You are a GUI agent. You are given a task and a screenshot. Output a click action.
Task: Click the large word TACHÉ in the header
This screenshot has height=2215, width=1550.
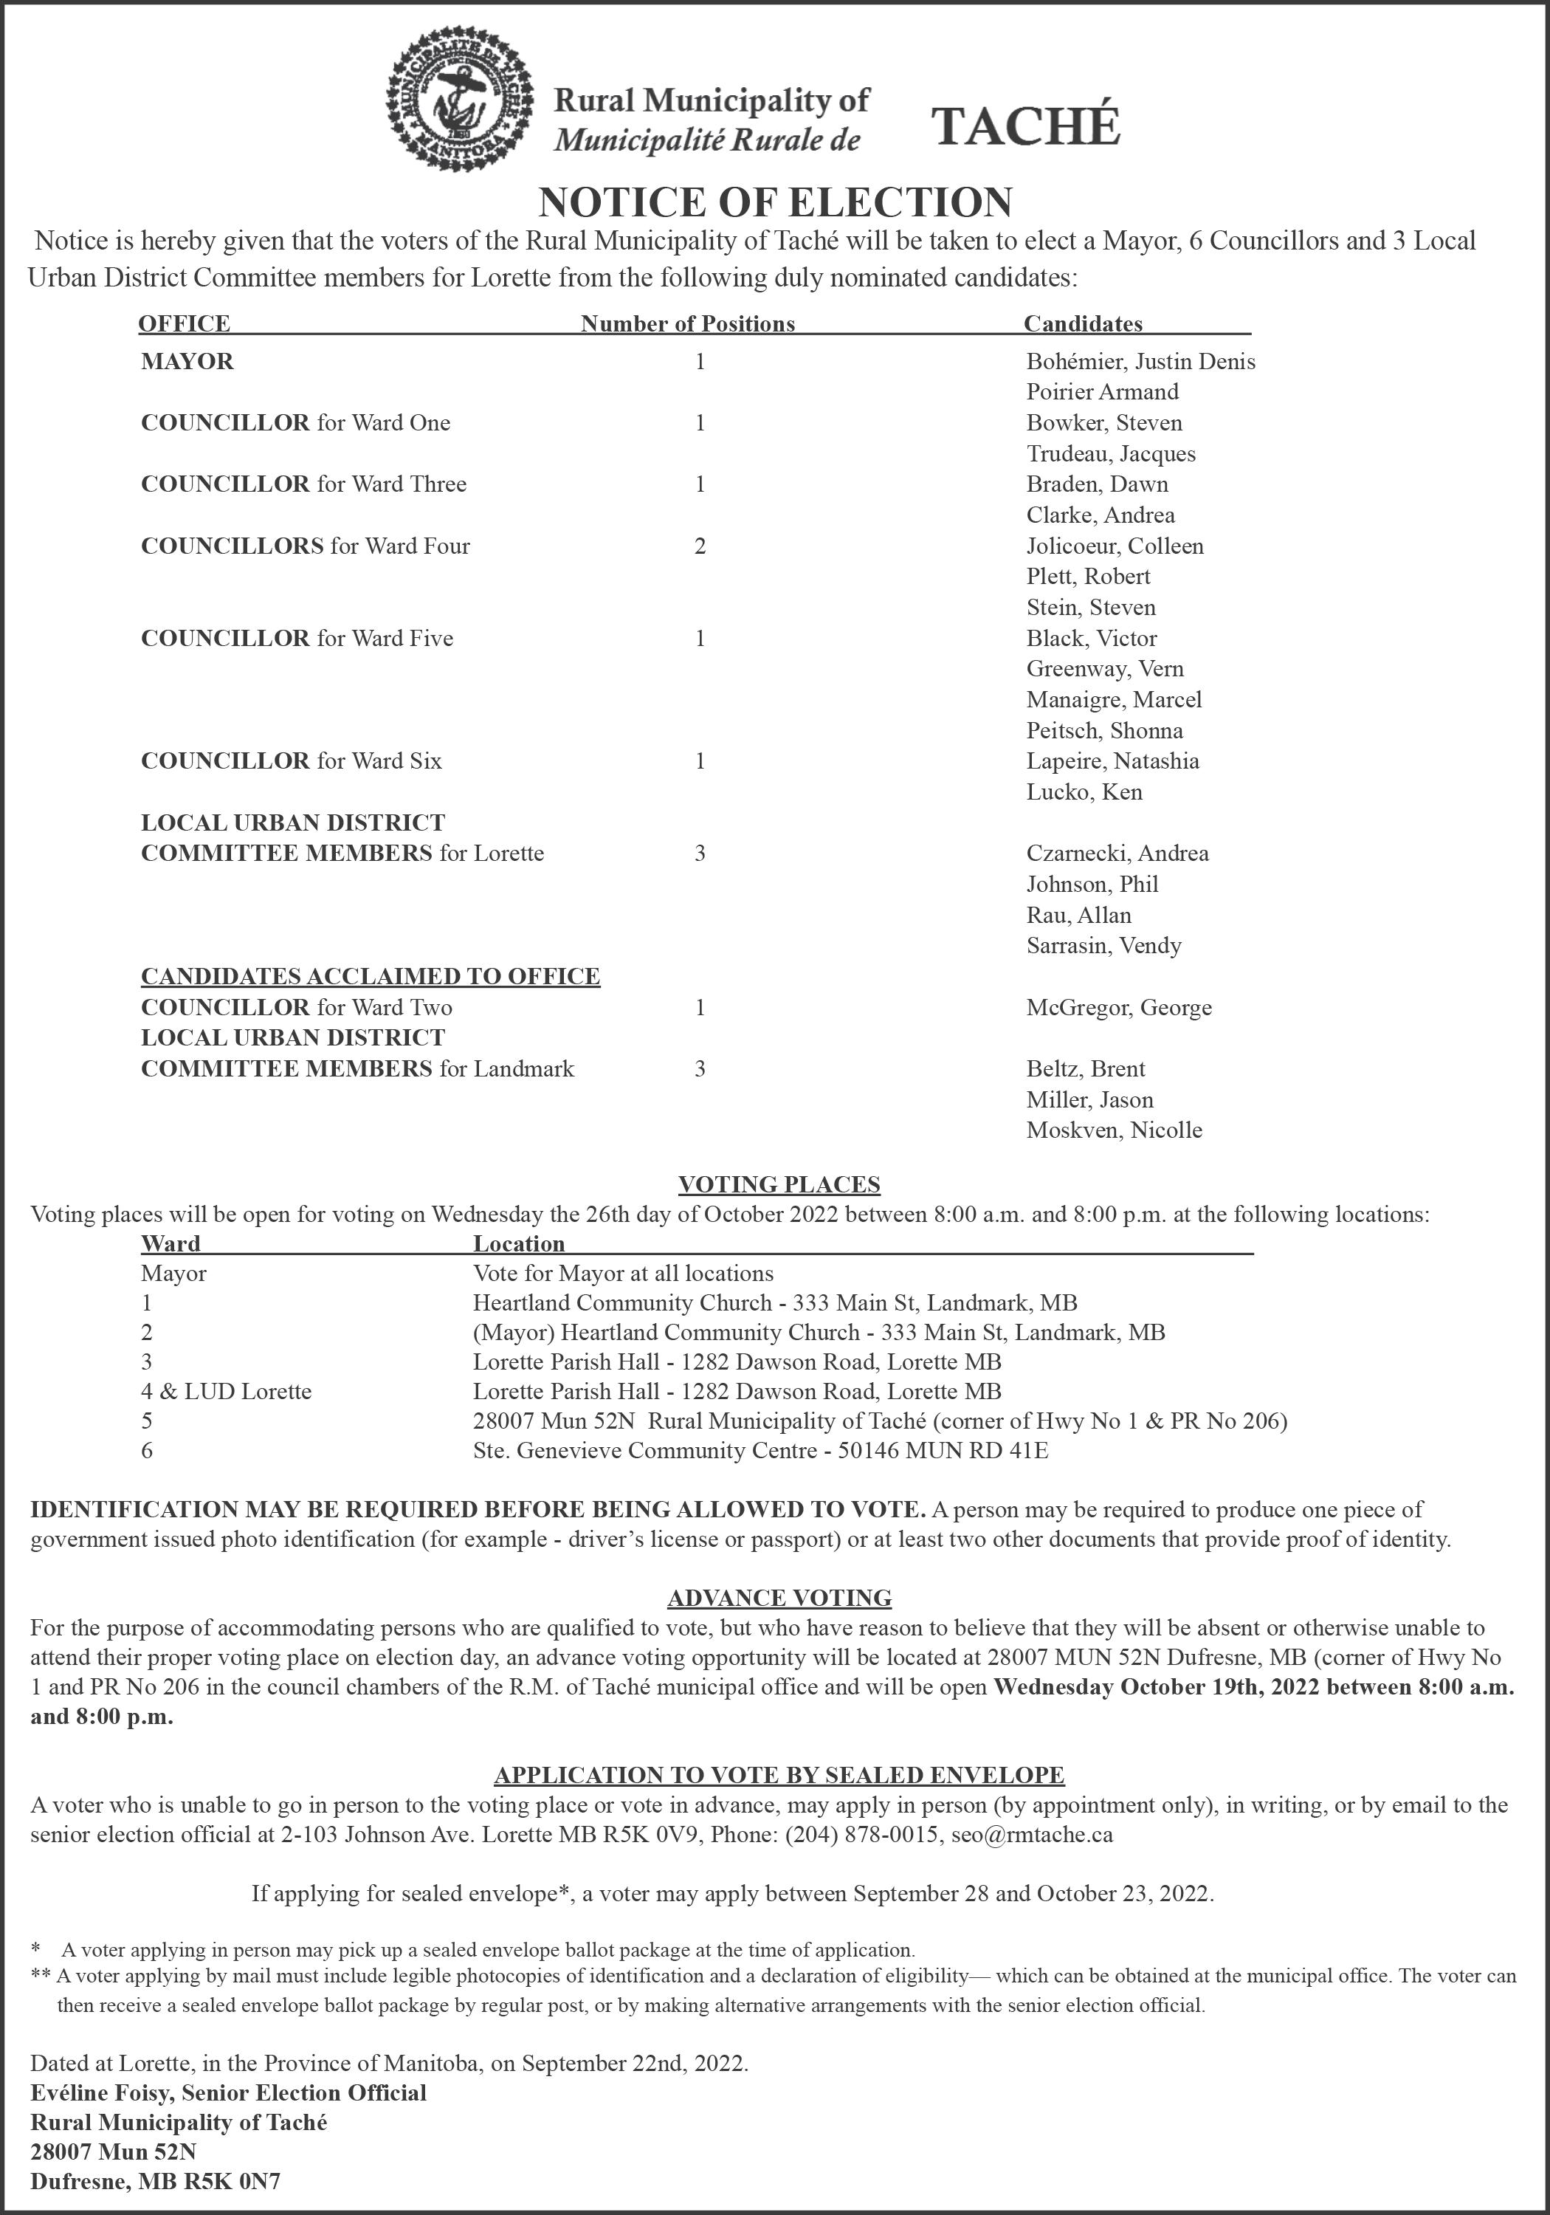(x=1024, y=126)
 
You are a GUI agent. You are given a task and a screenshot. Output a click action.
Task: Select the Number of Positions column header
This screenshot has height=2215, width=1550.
(x=688, y=324)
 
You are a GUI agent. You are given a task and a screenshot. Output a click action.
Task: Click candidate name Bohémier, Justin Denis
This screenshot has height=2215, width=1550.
(x=1140, y=362)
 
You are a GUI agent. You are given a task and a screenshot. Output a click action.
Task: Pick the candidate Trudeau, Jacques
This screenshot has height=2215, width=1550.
(x=1110, y=453)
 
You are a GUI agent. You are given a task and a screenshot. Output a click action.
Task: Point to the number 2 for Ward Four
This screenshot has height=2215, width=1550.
(x=700, y=546)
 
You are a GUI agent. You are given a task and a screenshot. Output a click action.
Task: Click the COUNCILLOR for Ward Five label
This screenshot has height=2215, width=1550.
(x=296, y=639)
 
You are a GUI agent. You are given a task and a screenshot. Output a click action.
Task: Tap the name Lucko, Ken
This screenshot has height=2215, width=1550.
(x=1084, y=792)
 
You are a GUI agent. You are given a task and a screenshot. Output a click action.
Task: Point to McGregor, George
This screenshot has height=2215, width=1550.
(x=1119, y=1008)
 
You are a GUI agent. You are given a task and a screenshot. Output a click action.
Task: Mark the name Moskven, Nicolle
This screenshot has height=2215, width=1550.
(x=1114, y=1130)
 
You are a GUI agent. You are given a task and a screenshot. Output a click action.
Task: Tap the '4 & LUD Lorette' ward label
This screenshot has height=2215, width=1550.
(x=226, y=1391)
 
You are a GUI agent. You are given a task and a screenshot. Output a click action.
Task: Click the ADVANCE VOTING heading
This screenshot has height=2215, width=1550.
(x=779, y=1598)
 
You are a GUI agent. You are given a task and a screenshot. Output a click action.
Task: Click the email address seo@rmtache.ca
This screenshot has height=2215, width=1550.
(x=1031, y=1834)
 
